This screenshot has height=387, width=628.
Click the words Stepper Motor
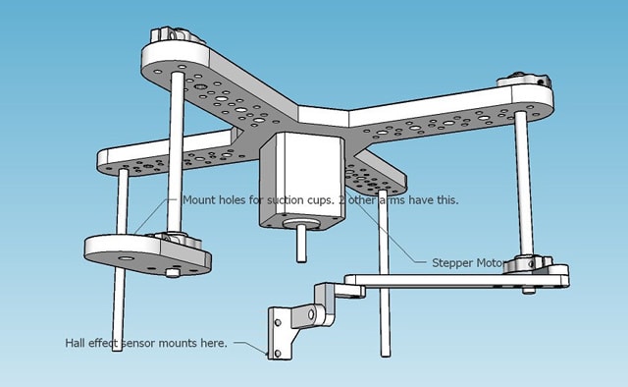[468, 263]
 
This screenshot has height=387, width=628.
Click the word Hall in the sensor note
[75, 343]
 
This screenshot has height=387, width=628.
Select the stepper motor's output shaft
[301, 243]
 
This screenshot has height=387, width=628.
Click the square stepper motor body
[302, 181]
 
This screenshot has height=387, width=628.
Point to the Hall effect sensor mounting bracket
[281, 332]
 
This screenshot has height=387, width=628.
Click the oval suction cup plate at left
[147, 255]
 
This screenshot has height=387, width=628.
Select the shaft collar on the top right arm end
[524, 80]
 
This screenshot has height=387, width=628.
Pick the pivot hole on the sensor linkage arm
[311, 315]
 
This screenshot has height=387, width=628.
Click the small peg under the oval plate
[173, 273]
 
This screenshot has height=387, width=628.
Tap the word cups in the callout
[321, 200]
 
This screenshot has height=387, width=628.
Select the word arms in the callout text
[392, 200]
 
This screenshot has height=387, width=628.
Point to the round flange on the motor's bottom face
[301, 225]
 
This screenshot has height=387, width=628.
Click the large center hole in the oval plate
[127, 258]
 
